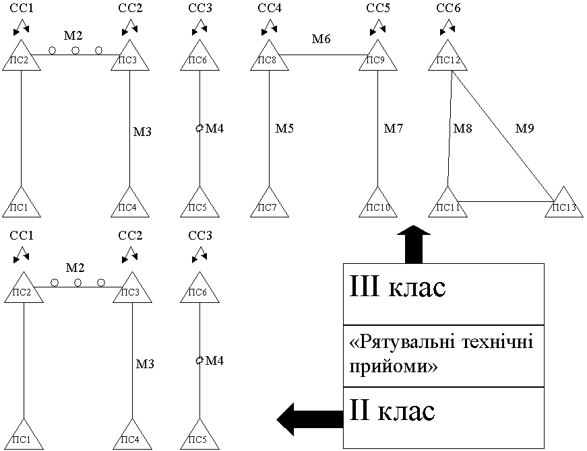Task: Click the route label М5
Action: (x=284, y=129)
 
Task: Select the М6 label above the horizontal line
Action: (x=321, y=38)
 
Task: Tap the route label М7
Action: (x=394, y=129)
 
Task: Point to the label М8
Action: (x=463, y=129)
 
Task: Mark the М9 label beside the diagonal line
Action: (x=524, y=129)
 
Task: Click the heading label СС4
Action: (x=270, y=8)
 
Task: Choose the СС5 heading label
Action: (x=378, y=8)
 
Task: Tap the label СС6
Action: (x=448, y=8)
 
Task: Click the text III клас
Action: (x=398, y=287)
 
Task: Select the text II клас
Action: (x=392, y=411)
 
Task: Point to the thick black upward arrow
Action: (x=414, y=244)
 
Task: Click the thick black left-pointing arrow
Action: (x=310, y=419)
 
